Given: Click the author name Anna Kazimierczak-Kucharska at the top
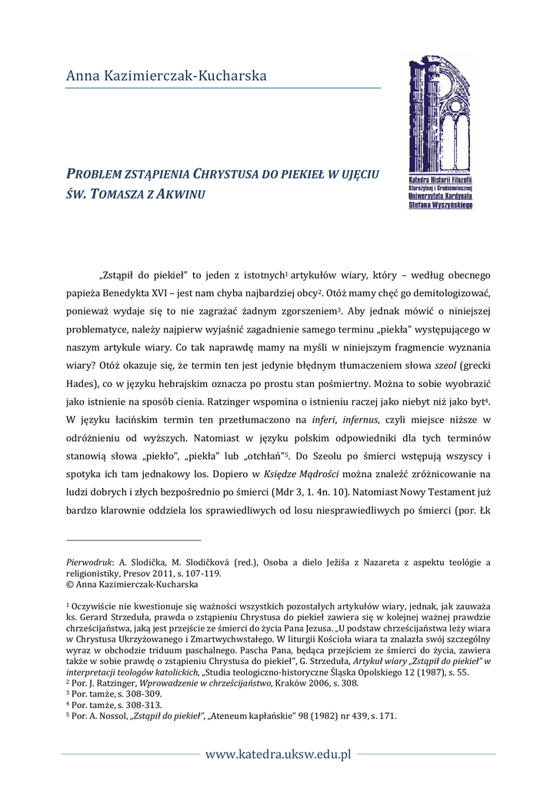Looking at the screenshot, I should point(166,76).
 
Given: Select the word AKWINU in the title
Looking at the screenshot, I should point(181,192).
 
